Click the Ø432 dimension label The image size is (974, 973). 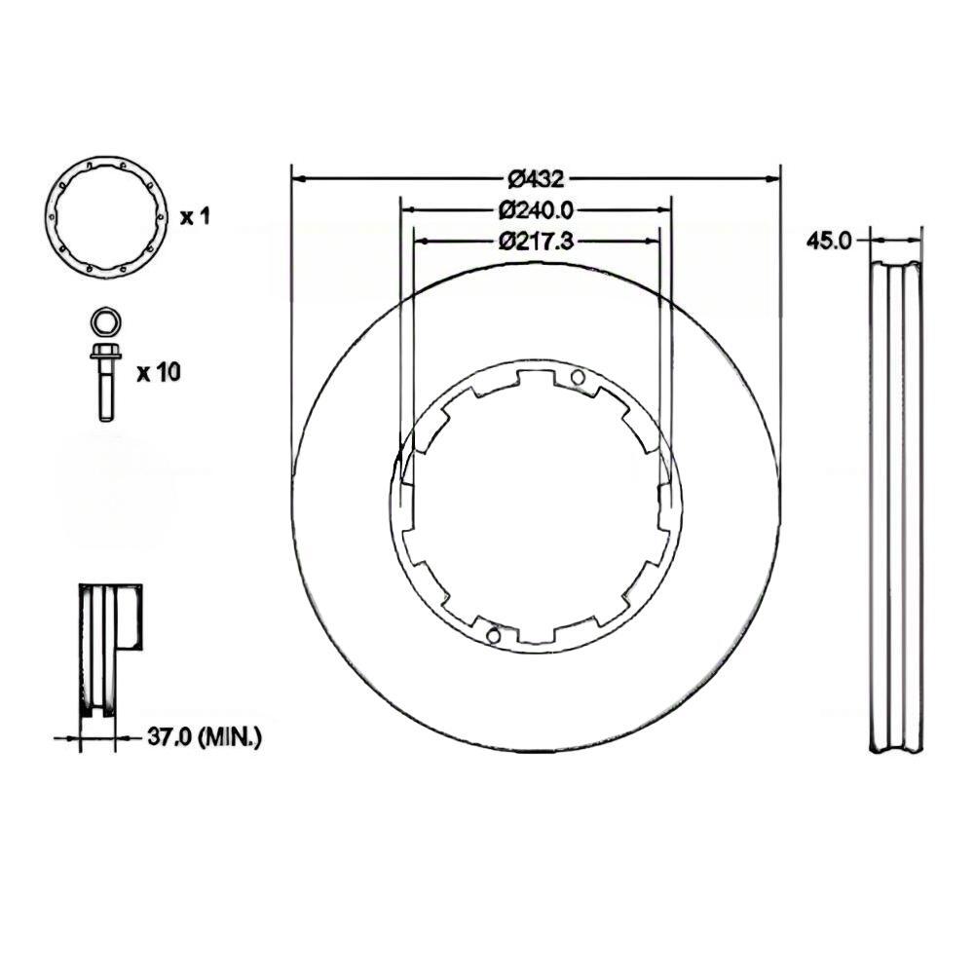(536, 179)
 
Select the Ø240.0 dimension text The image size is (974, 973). (536, 210)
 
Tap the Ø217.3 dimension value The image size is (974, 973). (536, 241)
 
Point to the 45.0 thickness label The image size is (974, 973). (829, 241)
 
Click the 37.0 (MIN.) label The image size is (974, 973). (205, 737)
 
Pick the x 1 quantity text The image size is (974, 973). (195, 217)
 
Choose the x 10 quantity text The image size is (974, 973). (159, 372)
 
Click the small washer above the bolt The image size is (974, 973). (106, 321)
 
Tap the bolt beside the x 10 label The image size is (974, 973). (105, 382)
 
